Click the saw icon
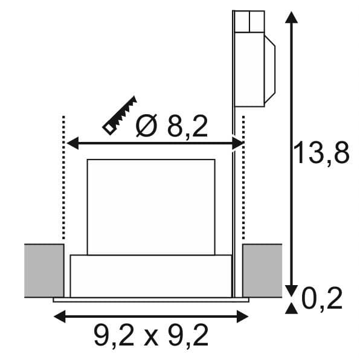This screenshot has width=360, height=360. pyautogui.click(x=120, y=115)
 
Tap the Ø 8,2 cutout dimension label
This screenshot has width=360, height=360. pyautogui.click(x=172, y=126)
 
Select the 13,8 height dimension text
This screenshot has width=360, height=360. pyautogui.click(x=321, y=152)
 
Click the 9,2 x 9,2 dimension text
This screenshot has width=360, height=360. pyautogui.click(x=151, y=336)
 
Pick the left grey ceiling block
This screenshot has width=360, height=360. pyautogui.click(x=44, y=271)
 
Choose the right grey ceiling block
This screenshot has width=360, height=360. pyautogui.click(x=262, y=271)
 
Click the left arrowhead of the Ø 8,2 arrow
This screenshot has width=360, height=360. pyautogui.click(x=72, y=143)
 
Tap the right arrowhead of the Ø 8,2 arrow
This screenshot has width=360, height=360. pyautogui.click(x=237, y=143)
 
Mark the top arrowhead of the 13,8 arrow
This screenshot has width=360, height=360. pyautogui.click(x=291, y=18)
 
